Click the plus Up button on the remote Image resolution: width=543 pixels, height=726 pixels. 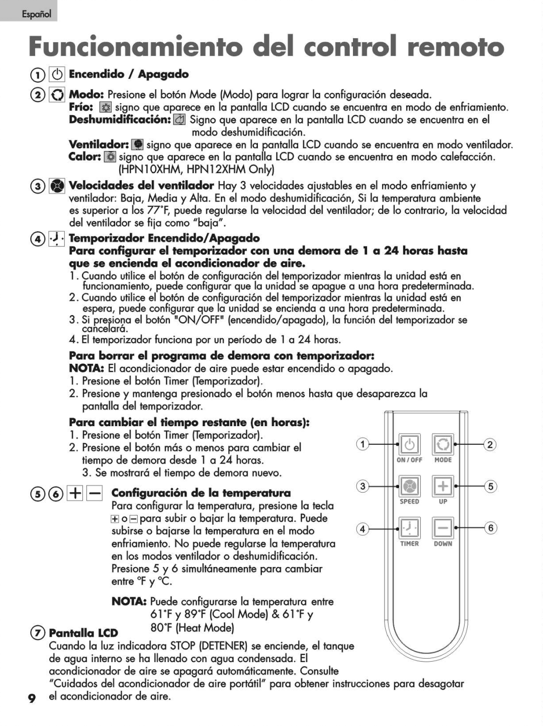point(443,486)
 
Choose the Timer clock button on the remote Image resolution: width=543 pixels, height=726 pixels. point(410,528)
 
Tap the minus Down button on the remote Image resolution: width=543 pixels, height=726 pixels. point(443,528)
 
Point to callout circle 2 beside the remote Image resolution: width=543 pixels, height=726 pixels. point(490,444)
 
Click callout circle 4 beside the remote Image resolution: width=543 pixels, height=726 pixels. point(362,528)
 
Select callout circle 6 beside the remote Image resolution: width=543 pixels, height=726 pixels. point(490,528)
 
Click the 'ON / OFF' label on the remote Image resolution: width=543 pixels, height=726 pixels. point(410,460)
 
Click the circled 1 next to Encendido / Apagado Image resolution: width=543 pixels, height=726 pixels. point(37,75)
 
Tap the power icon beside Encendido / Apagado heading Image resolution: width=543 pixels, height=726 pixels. point(57,74)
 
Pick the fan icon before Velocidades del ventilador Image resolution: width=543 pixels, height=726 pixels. point(57,186)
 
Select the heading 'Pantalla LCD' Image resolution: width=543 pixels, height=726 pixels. point(83,633)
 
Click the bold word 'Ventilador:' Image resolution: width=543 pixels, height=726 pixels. point(99,145)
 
